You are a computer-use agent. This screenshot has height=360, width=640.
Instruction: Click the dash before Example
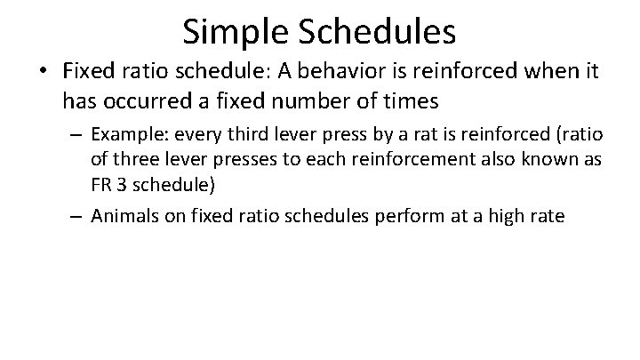click(x=78, y=136)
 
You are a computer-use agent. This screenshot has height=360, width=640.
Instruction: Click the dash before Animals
click(x=78, y=216)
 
